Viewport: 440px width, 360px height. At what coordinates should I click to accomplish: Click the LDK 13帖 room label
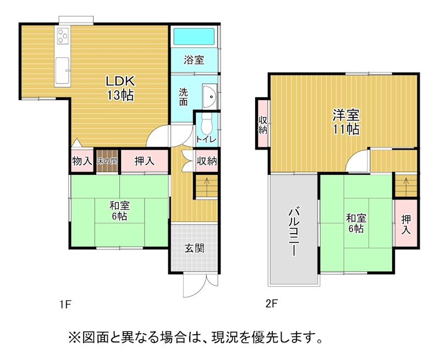pos(120,88)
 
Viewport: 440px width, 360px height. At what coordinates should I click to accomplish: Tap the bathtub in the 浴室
pos(194,36)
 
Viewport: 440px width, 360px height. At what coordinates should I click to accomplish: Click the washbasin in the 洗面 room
pos(210,96)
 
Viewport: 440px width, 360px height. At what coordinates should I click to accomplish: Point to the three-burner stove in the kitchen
pos(63,36)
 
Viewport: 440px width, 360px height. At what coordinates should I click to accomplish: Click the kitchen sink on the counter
pos(62,70)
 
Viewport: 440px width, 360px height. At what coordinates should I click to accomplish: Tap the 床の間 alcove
pos(107,160)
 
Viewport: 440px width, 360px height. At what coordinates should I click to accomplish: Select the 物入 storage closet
pos(82,160)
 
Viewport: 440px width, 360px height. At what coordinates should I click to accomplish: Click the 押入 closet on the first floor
pos(144,160)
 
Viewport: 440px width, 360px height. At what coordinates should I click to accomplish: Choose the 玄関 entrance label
pos(194,248)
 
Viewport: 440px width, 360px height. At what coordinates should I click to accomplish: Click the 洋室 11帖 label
pos(346,122)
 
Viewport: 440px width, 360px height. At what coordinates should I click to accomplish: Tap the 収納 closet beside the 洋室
pos(263,123)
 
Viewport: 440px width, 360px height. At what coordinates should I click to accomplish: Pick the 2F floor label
pos(271,303)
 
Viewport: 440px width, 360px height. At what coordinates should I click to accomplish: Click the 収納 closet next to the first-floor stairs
pos(207,161)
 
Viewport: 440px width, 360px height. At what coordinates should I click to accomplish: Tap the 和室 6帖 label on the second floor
pos(356,224)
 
